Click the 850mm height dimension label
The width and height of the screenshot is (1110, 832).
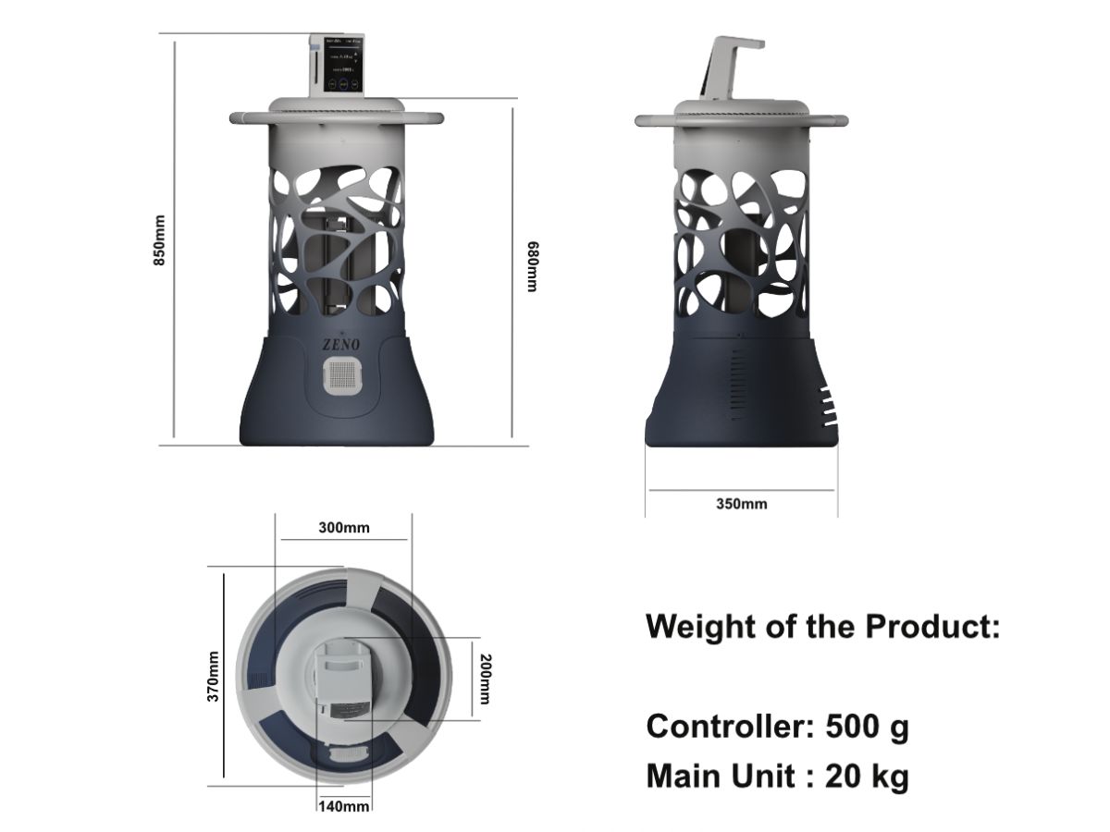click(159, 240)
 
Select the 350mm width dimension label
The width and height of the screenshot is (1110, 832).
click(741, 504)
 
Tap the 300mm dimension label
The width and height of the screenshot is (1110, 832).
click(343, 528)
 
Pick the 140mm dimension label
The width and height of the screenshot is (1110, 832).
click(344, 806)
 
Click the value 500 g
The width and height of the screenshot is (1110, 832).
click(867, 727)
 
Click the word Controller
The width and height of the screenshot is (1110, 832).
click(727, 727)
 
